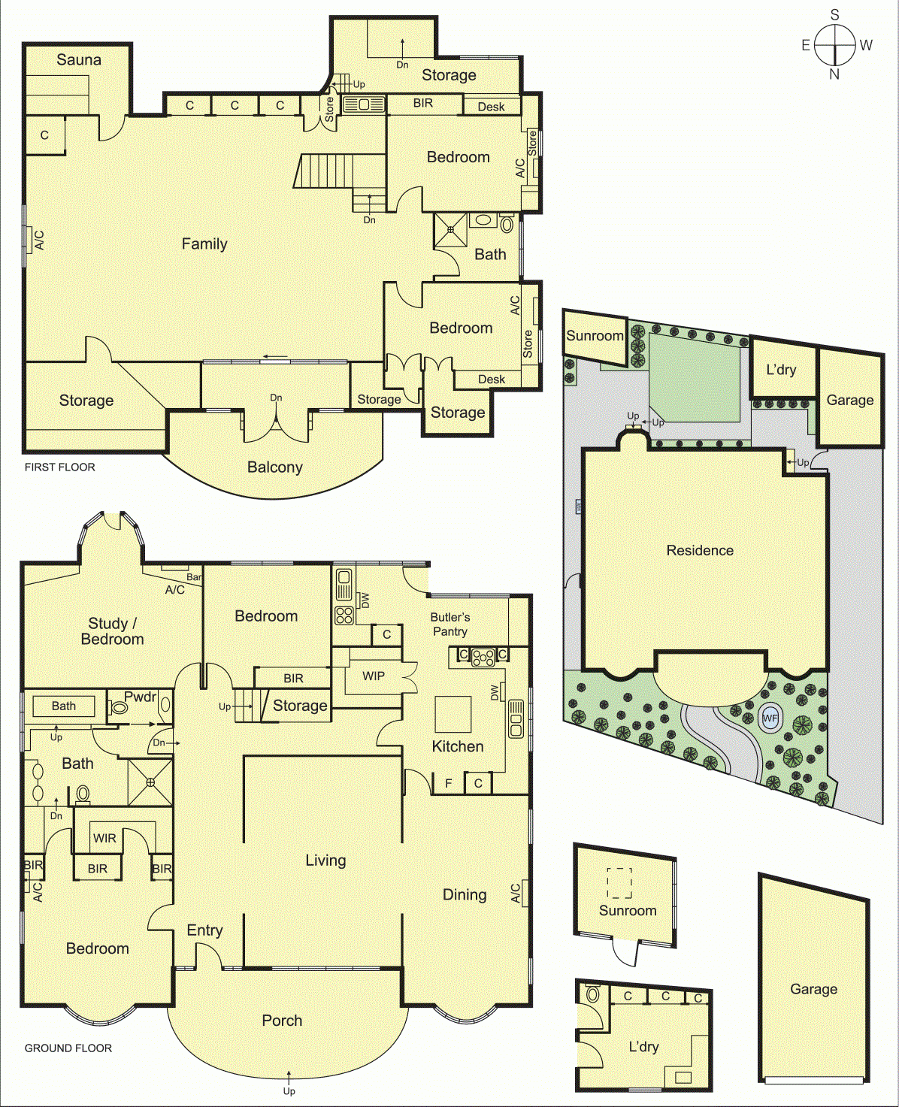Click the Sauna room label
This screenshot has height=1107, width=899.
pos(78,60)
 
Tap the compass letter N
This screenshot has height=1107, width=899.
pos(834,74)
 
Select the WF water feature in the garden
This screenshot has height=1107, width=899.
pos(770,718)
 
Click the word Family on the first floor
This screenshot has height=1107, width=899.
pos(204,244)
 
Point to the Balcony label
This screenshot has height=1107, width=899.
pos(275,467)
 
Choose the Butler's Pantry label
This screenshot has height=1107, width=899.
pos(450,625)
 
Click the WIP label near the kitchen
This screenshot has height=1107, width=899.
pos(374,676)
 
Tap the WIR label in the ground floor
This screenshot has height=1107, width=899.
pos(104,838)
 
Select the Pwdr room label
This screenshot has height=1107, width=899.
pos(141,697)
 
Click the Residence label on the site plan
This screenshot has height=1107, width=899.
pos(700,550)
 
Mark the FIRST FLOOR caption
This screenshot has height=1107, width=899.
pos(60,467)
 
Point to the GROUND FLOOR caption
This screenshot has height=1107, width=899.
pos(68,1048)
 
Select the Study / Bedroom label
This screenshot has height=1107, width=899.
pos(112,631)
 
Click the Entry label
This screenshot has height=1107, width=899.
pos(204,930)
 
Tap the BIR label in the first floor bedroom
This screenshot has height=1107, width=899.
pos(423,103)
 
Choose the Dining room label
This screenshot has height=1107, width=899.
pos(465,894)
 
